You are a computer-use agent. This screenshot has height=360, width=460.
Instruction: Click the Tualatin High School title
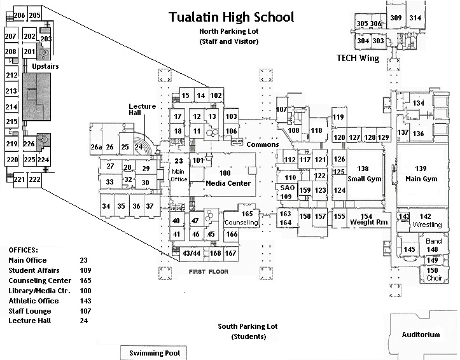(x=231, y=17)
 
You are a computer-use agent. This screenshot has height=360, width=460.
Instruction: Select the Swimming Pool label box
(x=154, y=353)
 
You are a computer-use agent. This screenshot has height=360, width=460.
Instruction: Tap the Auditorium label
(x=421, y=335)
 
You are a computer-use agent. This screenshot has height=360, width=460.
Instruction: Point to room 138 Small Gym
(x=363, y=174)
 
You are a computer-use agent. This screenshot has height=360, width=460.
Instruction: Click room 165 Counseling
(x=241, y=218)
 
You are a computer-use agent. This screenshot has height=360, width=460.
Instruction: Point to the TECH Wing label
(x=357, y=59)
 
